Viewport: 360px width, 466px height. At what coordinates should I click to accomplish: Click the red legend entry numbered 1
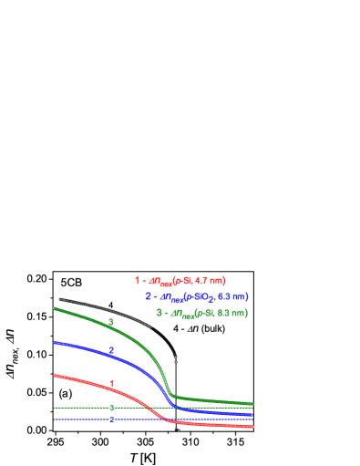pos(180,280)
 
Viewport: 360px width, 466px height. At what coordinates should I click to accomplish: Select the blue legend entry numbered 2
pos(196,296)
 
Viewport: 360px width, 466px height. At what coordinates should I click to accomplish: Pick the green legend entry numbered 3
pos(201,313)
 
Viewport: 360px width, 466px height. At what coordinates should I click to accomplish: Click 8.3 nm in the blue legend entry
pos(232,296)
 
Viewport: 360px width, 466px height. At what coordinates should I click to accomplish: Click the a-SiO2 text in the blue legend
pos(201,296)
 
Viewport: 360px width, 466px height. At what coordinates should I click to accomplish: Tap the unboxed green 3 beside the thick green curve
pos(111,322)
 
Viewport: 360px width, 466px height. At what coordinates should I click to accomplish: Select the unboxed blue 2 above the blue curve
pos(111,350)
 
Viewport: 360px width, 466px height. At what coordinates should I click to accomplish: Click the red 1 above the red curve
pos(112,383)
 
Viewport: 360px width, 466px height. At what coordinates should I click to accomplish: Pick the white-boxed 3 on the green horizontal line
pos(111,407)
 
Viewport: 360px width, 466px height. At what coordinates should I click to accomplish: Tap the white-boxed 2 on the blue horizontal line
pos(111,419)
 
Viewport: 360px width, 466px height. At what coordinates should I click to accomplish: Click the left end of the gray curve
pos(59,299)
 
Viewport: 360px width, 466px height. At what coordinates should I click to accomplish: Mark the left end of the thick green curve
pos(54,308)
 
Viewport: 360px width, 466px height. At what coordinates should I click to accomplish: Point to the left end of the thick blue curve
pos(54,343)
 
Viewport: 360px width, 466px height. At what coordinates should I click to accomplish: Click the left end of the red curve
pos(54,375)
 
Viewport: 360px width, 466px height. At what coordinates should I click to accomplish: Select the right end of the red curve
pos(253,426)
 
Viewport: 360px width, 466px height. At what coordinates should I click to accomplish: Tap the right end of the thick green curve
pos(253,403)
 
